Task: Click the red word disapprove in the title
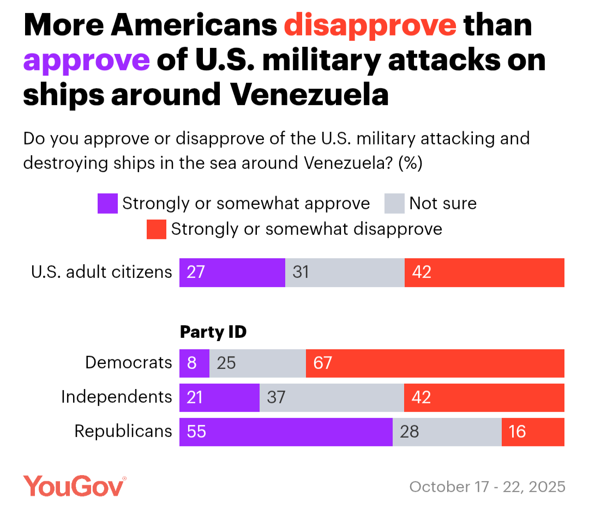pyautogui.click(x=370, y=26)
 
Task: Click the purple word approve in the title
pyautogui.click(x=86, y=60)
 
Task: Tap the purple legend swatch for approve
pyautogui.click(x=107, y=204)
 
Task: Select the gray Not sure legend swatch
pyautogui.click(x=394, y=204)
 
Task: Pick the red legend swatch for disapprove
pyautogui.click(x=157, y=229)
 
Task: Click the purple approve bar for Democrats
pyautogui.click(x=194, y=363)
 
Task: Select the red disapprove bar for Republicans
pyautogui.click(x=533, y=432)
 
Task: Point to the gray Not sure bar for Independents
pyautogui.click(x=332, y=397)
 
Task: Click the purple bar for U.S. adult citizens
pyautogui.click(x=232, y=272)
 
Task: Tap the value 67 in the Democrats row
pyautogui.click(x=323, y=363)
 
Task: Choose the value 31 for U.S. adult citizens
pyautogui.click(x=300, y=272)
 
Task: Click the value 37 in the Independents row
pyautogui.click(x=277, y=397)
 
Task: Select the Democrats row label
pyautogui.click(x=129, y=362)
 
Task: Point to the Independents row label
pyautogui.click(x=116, y=397)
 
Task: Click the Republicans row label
pyautogui.click(x=123, y=431)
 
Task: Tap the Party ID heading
pyautogui.click(x=213, y=332)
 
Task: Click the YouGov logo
pyautogui.click(x=74, y=486)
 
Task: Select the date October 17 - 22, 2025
pyautogui.click(x=488, y=487)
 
